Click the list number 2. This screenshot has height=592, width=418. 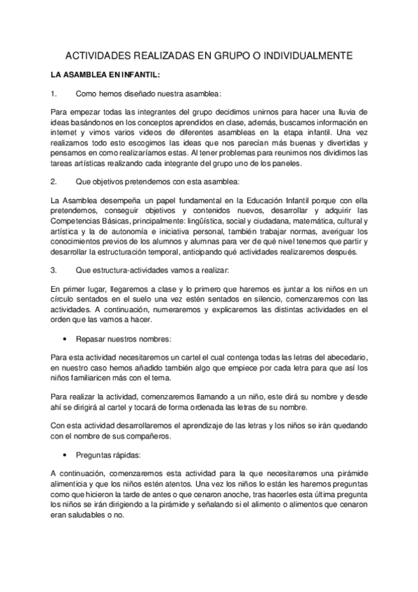point(54,182)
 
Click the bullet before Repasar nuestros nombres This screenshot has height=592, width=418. point(65,339)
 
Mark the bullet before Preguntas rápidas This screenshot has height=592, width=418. point(65,455)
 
